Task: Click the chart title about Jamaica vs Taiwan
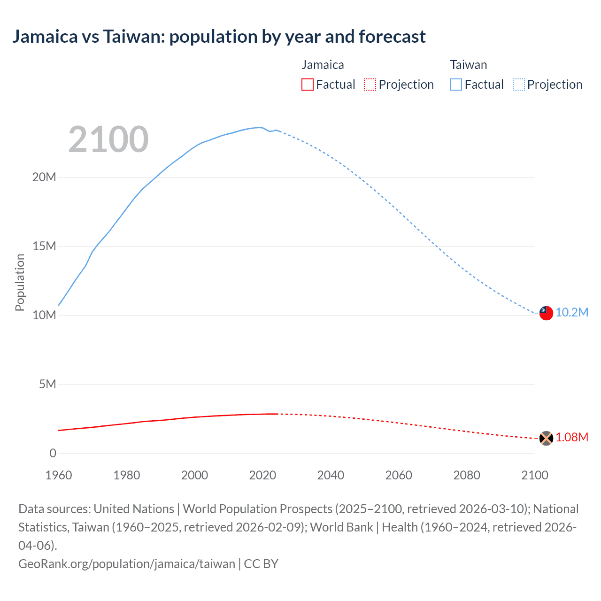[x=219, y=37]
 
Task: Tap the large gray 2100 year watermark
[x=108, y=139]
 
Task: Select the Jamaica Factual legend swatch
[x=308, y=85]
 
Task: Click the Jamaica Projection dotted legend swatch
[x=370, y=85]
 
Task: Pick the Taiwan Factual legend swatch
[x=456, y=85]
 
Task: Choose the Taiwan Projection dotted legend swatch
[x=519, y=85]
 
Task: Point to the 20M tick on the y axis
[x=44, y=177]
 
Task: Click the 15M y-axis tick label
[x=44, y=247]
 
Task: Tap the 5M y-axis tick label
[x=47, y=385]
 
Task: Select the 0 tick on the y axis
[x=53, y=454]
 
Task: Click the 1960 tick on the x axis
[x=59, y=475]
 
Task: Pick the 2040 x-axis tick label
[x=331, y=475]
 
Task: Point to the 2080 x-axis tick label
[x=467, y=475]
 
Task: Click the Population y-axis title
[x=20, y=282]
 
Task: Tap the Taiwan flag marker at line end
[x=546, y=313]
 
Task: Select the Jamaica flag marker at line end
[x=546, y=438]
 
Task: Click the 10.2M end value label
[x=572, y=313]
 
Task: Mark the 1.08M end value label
[x=572, y=438]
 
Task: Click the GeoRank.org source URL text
[x=127, y=564]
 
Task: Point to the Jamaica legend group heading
[x=323, y=65]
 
